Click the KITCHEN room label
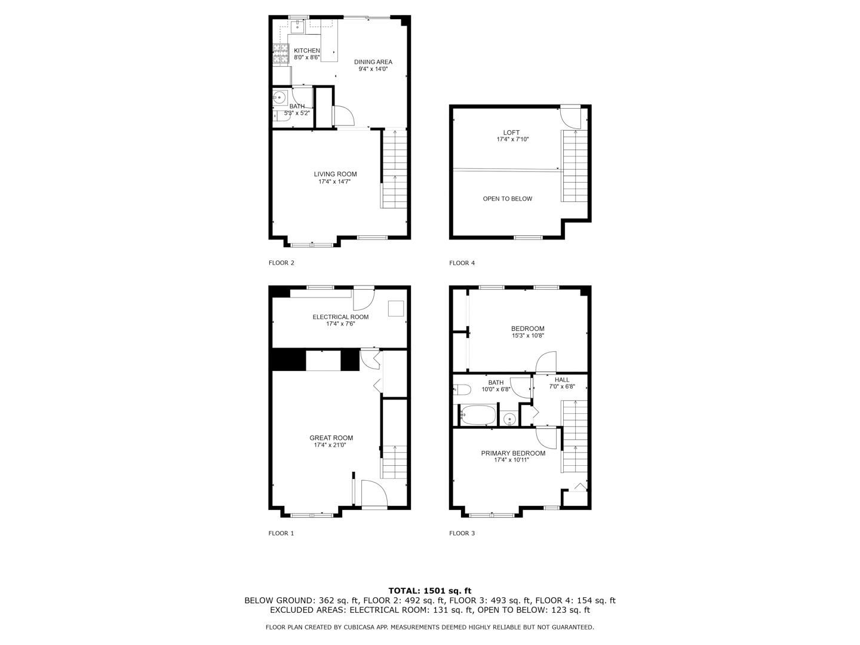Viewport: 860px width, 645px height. [306, 51]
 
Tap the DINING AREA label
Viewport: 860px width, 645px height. [373, 62]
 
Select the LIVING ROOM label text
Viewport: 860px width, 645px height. [335, 174]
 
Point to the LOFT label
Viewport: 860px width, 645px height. [511, 133]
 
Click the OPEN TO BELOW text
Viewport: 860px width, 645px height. [507, 199]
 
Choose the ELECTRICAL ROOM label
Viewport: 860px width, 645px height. [340, 317]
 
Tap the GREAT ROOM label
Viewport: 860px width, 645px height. [331, 438]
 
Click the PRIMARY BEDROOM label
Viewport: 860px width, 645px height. [513, 453]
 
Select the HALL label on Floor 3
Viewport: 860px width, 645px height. [561, 380]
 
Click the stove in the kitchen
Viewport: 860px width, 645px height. [279, 54]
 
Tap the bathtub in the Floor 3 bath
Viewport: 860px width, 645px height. [478, 415]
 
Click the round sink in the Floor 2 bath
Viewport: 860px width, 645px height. [279, 97]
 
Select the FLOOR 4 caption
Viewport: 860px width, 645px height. [462, 263]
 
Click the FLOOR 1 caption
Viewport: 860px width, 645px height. [281, 533]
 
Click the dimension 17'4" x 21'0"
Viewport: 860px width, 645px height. [330, 445]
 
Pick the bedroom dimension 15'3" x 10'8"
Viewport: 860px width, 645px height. [527, 336]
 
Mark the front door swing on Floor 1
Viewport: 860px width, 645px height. [373, 494]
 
